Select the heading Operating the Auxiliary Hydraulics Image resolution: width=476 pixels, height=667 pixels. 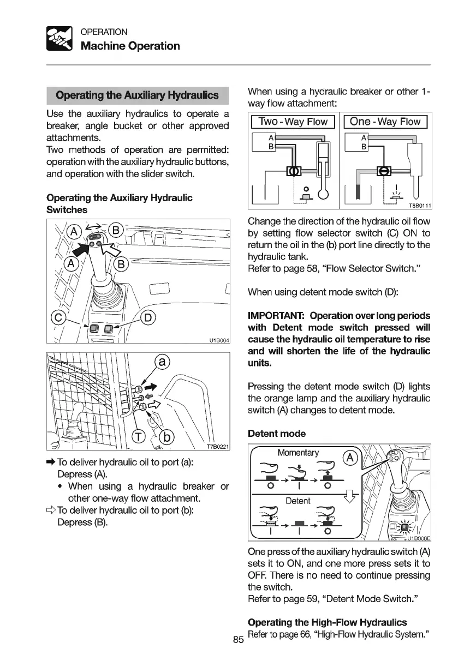point(137,95)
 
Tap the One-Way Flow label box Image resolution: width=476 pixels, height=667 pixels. point(385,122)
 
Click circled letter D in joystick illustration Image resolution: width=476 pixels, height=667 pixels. point(148,317)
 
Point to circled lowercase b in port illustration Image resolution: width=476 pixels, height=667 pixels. point(167,438)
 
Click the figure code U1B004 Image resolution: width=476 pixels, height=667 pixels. point(218,341)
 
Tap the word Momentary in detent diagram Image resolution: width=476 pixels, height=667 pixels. point(297,453)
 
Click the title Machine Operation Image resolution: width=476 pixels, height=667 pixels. point(130,46)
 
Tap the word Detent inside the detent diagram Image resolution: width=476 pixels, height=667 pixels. point(298,501)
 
